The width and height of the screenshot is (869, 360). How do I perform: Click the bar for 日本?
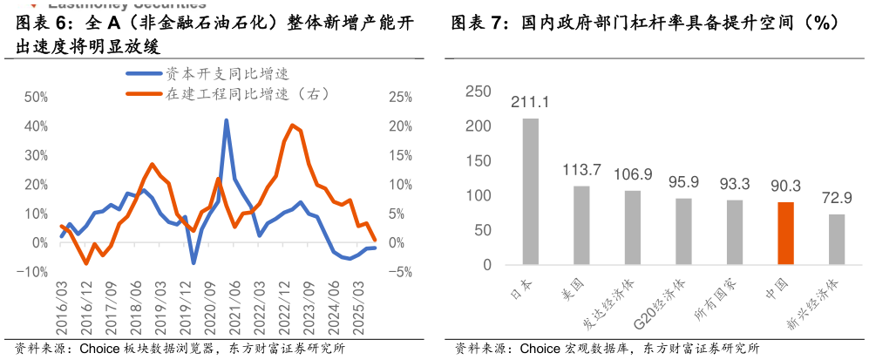(x=531, y=191)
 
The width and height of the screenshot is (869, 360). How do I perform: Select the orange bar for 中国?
(x=785, y=234)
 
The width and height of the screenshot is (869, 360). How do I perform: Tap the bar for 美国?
(x=581, y=225)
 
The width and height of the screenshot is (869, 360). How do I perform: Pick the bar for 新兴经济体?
(x=837, y=240)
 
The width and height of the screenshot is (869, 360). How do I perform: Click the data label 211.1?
(x=530, y=103)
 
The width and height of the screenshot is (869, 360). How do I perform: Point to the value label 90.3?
(x=784, y=185)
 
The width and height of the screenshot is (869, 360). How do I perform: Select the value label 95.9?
(x=683, y=182)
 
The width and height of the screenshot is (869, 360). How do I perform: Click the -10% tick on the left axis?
(x=32, y=272)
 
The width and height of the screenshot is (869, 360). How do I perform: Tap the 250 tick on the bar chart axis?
(x=479, y=92)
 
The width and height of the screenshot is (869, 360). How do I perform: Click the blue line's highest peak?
(x=227, y=120)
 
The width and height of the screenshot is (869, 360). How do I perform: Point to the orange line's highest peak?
(x=292, y=125)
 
